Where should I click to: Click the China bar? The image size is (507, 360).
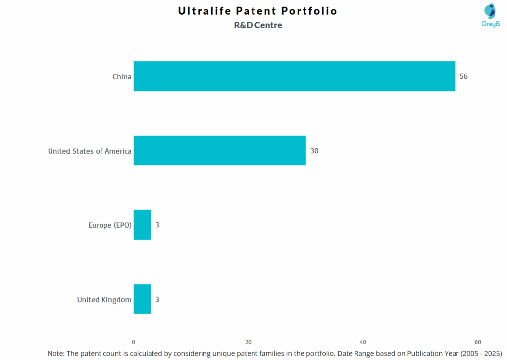tap(294, 76)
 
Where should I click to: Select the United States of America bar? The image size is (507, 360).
tap(219, 151)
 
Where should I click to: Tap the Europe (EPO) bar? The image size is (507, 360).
tap(142, 225)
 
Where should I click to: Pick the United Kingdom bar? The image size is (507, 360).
tap(142, 299)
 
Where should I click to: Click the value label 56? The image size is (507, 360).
tap(463, 76)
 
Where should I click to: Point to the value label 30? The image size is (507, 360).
tap(314, 151)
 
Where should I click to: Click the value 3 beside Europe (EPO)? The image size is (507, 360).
tap(157, 225)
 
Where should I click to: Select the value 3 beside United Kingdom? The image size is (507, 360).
tap(157, 299)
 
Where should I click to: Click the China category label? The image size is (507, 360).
tap(122, 76)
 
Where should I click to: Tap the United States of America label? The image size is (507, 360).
tap(90, 151)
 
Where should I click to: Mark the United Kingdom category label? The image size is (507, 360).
tap(104, 299)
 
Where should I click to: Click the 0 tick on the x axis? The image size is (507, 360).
tap(133, 342)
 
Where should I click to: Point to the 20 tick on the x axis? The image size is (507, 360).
tap(248, 342)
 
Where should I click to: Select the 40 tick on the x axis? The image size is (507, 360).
tap(363, 342)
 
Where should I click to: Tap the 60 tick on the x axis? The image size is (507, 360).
tap(478, 342)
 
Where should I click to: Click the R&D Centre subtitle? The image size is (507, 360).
tap(258, 25)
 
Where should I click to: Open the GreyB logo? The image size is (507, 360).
tap(490, 15)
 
